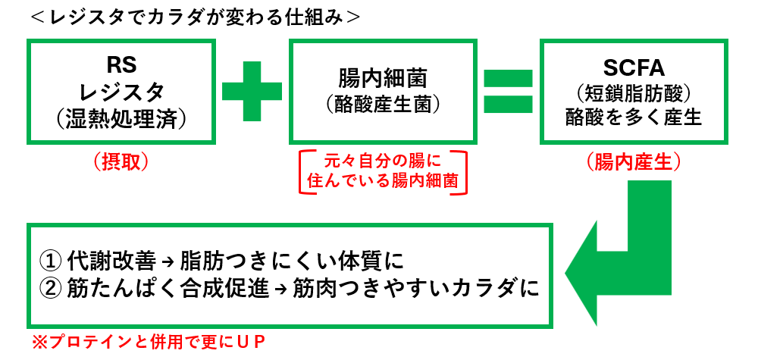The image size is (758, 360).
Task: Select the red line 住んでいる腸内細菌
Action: (382, 182)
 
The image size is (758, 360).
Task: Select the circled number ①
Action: (49, 262)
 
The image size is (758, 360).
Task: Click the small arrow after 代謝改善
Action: (168, 263)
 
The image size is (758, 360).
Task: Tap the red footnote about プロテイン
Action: (148, 343)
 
